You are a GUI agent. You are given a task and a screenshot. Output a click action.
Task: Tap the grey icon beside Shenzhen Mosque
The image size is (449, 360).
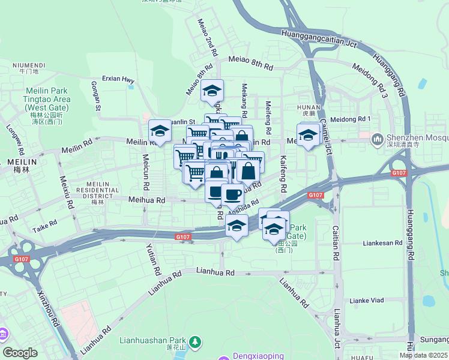pyautogui.click(x=378, y=139)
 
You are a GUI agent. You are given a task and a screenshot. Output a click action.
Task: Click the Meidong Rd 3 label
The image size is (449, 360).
pyautogui.click(x=370, y=80)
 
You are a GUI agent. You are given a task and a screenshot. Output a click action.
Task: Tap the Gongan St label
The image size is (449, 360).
pyautogui.click(x=95, y=96)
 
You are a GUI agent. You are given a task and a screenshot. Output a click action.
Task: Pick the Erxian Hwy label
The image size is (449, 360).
pyautogui.click(x=118, y=79)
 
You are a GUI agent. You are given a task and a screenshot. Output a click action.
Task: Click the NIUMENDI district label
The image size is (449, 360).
pyautogui.click(x=28, y=65)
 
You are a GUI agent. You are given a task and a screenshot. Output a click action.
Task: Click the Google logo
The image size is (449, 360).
pyautogui.click(x=20, y=353)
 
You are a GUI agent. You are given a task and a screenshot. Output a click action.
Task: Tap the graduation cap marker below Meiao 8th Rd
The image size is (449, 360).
pyautogui.click(x=212, y=91)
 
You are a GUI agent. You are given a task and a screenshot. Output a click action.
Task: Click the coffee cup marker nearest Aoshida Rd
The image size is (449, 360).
pyautogui.click(x=232, y=194)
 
